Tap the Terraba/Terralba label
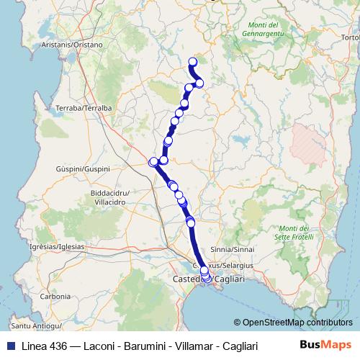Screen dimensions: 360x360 point(84,108)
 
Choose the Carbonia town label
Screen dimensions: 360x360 point(55,296)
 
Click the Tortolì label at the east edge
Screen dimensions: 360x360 point(350,37)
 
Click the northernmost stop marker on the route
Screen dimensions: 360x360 point(192,61)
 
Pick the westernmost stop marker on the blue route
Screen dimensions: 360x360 point(153,162)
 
